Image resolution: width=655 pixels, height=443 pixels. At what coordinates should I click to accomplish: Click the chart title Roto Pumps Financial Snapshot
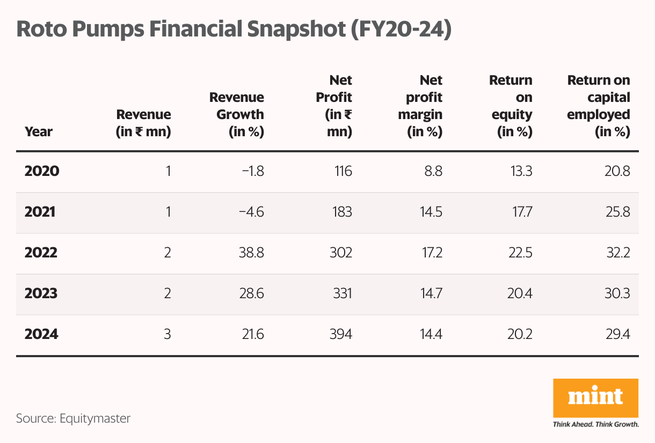click(x=234, y=29)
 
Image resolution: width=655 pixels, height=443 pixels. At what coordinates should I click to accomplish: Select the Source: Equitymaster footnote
click(x=73, y=418)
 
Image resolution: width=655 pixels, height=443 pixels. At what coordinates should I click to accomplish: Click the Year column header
click(x=39, y=131)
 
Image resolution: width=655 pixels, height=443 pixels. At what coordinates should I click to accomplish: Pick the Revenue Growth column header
click(x=237, y=115)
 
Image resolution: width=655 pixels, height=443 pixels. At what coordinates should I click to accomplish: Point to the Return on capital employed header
click(x=599, y=106)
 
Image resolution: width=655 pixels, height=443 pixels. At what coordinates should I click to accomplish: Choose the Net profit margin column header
click(x=424, y=106)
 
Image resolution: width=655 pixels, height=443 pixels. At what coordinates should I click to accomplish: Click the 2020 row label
click(x=42, y=172)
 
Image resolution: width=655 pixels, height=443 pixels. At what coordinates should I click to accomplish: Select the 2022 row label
click(x=41, y=253)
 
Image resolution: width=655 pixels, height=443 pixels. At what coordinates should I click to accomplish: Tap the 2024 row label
click(x=41, y=335)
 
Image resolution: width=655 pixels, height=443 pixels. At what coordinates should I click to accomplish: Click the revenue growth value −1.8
click(x=252, y=172)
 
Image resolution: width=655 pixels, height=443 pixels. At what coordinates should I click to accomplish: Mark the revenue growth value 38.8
click(x=251, y=253)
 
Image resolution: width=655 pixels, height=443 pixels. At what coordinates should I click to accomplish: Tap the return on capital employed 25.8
click(x=616, y=212)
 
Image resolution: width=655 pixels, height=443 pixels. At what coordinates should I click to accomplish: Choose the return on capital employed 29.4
click(x=616, y=335)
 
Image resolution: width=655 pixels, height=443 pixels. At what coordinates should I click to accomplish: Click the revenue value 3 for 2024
click(x=168, y=335)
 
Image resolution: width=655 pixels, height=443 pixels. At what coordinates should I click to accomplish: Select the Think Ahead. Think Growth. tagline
click(x=595, y=424)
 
